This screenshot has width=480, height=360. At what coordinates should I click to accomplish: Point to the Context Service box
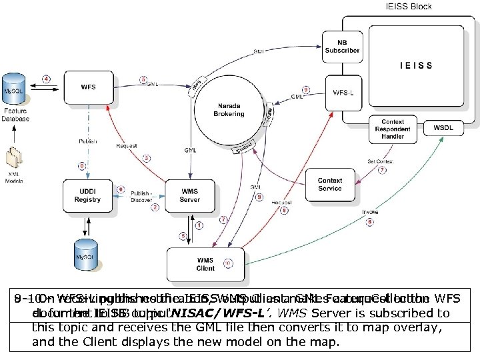(329, 184)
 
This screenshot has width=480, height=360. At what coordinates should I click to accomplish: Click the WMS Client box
(205, 264)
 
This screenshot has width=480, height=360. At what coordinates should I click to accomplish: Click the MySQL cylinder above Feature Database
(15, 89)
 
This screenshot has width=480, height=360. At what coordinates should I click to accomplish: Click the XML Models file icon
(14, 158)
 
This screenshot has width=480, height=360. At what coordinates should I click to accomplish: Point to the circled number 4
(46, 79)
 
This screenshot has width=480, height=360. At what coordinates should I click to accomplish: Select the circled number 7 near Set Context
(382, 170)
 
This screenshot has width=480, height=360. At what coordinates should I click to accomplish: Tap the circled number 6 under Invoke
(369, 222)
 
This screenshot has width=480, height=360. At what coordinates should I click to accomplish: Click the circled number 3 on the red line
(147, 158)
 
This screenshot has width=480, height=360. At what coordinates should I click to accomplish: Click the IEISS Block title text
(409, 7)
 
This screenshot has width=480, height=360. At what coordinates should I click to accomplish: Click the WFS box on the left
(87, 87)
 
